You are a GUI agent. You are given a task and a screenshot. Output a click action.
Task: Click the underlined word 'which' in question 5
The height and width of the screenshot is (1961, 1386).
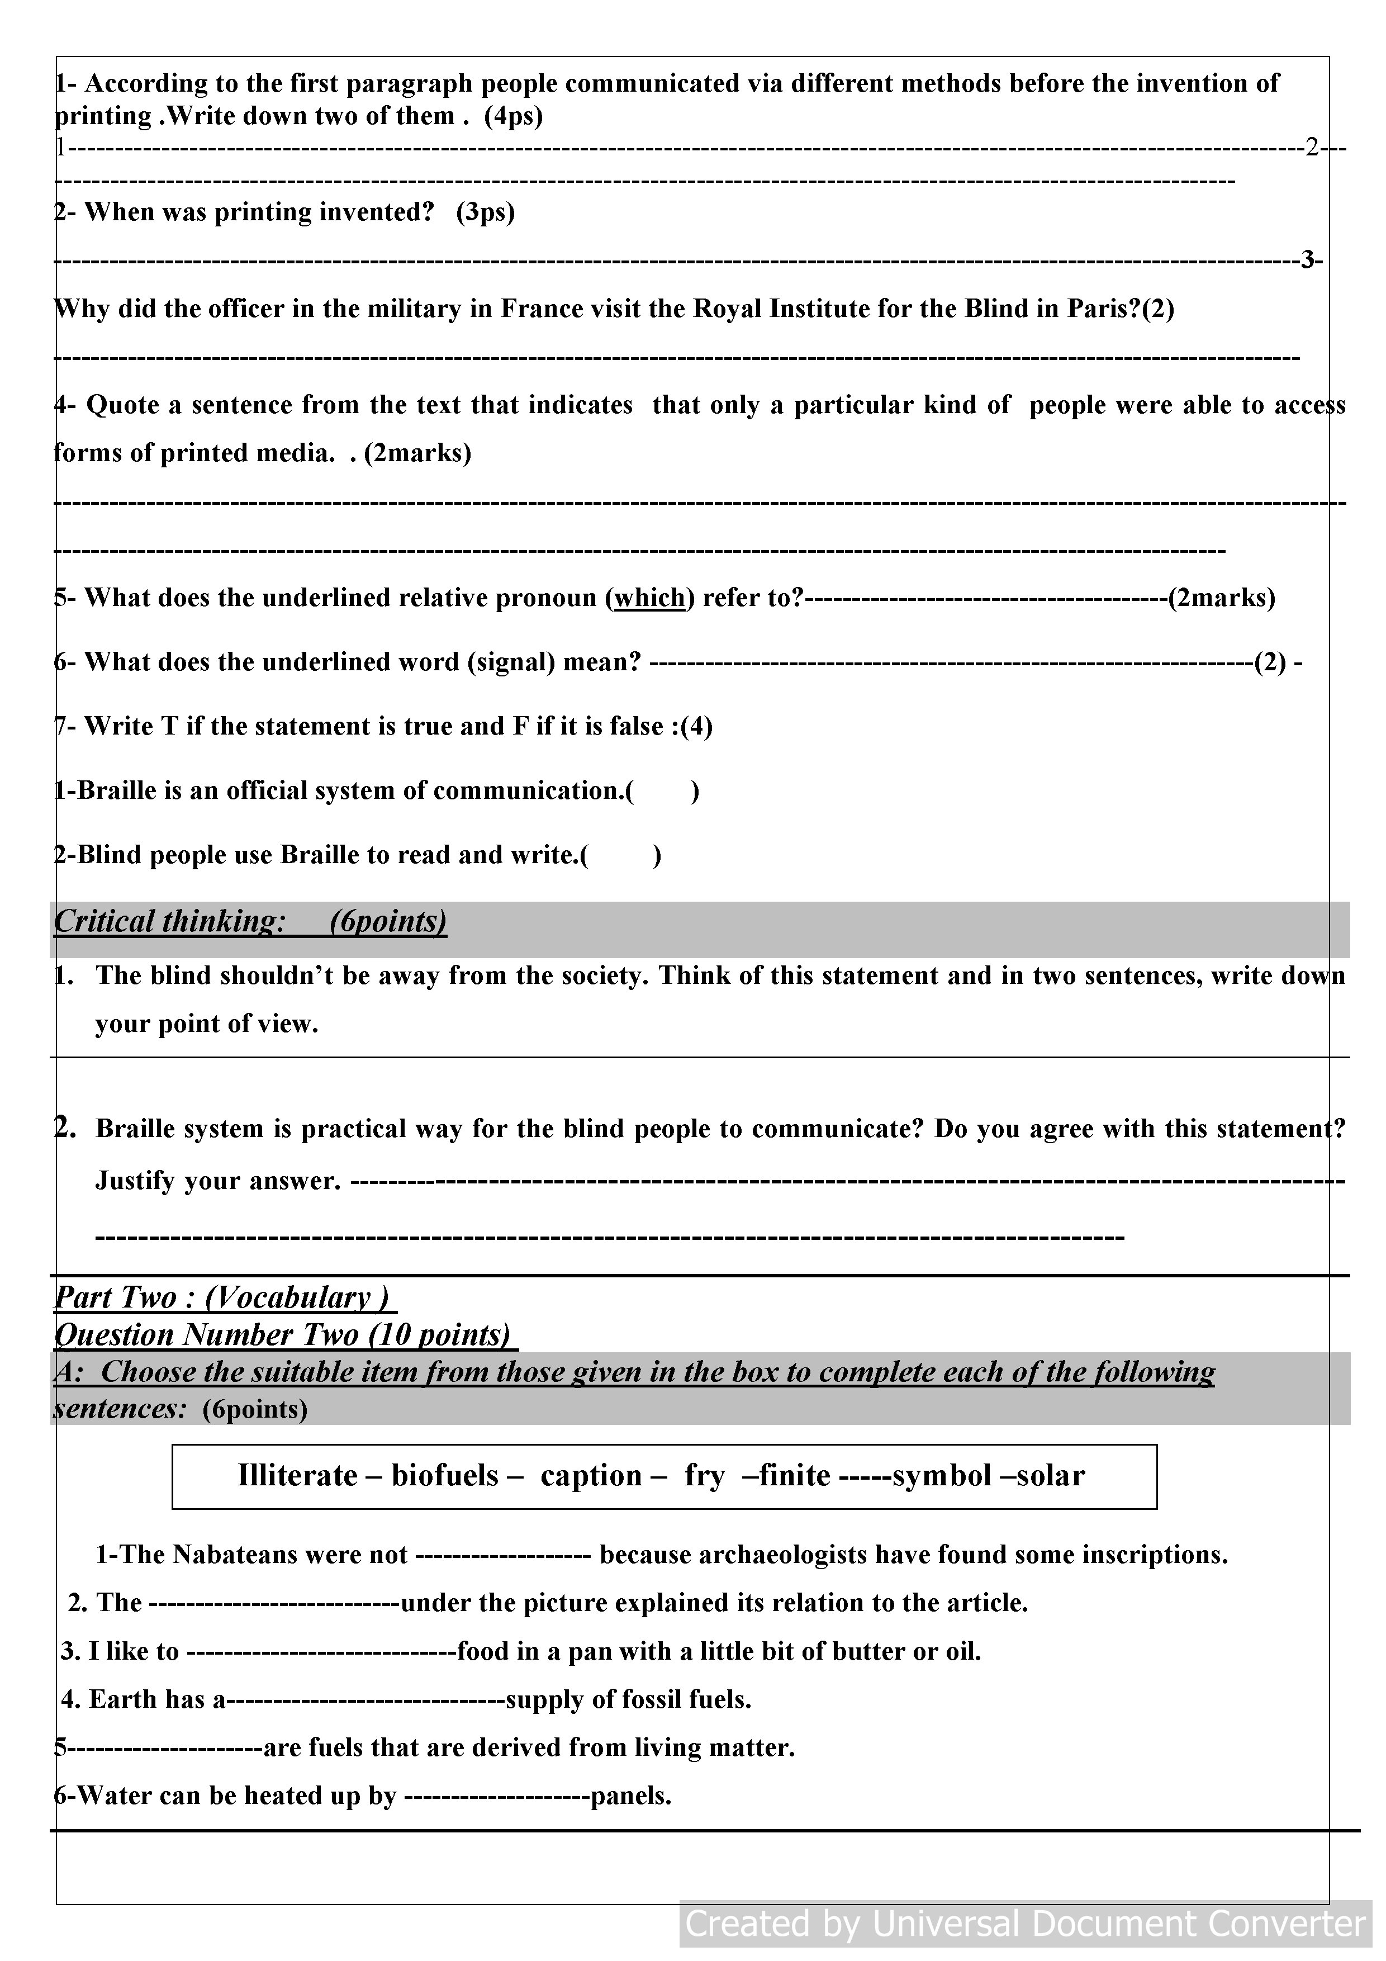pyautogui.click(x=650, y=598)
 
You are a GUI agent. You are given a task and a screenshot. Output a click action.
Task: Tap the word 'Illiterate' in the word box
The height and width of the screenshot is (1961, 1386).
pyautogui.click(x=297, y=1475)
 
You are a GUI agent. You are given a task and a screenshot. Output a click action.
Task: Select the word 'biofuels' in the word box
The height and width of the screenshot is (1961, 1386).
pyautogui.click(x=445, y=1475)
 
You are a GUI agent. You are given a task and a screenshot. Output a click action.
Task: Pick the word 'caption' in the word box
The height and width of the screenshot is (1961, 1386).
pyautogui.click(x=591, y=1476)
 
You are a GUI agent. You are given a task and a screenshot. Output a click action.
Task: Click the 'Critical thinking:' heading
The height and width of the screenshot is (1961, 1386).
pyautogui.click(x=168, y=921)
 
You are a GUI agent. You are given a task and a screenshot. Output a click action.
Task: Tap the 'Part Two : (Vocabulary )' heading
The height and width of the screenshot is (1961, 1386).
pyautogui.click(x=224, y=1297)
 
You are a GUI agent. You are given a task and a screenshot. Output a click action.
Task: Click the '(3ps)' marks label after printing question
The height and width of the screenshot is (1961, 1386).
pyautogui.click(x=485, y=212)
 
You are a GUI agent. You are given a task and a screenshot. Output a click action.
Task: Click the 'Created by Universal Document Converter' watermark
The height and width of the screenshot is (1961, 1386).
pyautogui.click(x=1026, y=1924)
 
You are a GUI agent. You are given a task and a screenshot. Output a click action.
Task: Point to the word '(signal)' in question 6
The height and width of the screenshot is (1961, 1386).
pyautogui.click(x=511, y=662)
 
